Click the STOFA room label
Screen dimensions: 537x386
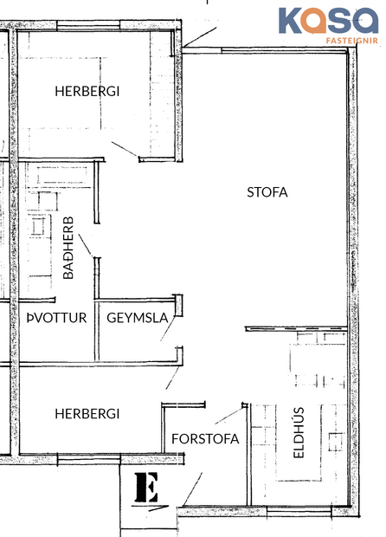(267, 192)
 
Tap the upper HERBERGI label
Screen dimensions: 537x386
(87, 91)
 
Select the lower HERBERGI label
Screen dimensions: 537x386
(87, 414)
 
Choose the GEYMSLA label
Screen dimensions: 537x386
(137, 318)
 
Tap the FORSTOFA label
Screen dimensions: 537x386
(205, 438)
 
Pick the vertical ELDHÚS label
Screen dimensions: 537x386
(299, 433)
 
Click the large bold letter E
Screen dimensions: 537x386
(147, 490)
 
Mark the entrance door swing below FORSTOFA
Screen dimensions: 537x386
(195, 489)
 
